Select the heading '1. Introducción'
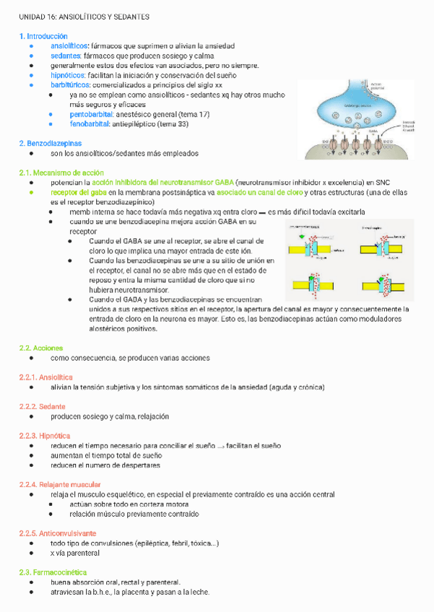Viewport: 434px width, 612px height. pyautogui.click(x=44, y=36)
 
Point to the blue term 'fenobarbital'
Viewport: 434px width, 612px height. pyautogui.click(x=91, y=124)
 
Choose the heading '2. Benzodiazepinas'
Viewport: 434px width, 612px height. pyautogui.click(x=51, y=144)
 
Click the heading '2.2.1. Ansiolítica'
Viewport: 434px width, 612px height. pyautogui.click(x=46, y=377)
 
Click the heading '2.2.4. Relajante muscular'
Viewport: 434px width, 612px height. pyautogui.click(x=60, y=484)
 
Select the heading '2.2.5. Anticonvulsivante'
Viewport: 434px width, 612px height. pyautogui.click(x=58, y=533)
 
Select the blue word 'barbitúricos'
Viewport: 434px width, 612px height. pyautogui.click(x=71, y=84)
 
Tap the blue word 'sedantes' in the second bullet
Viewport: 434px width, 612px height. pyautogui.click(x=66, y=56)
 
